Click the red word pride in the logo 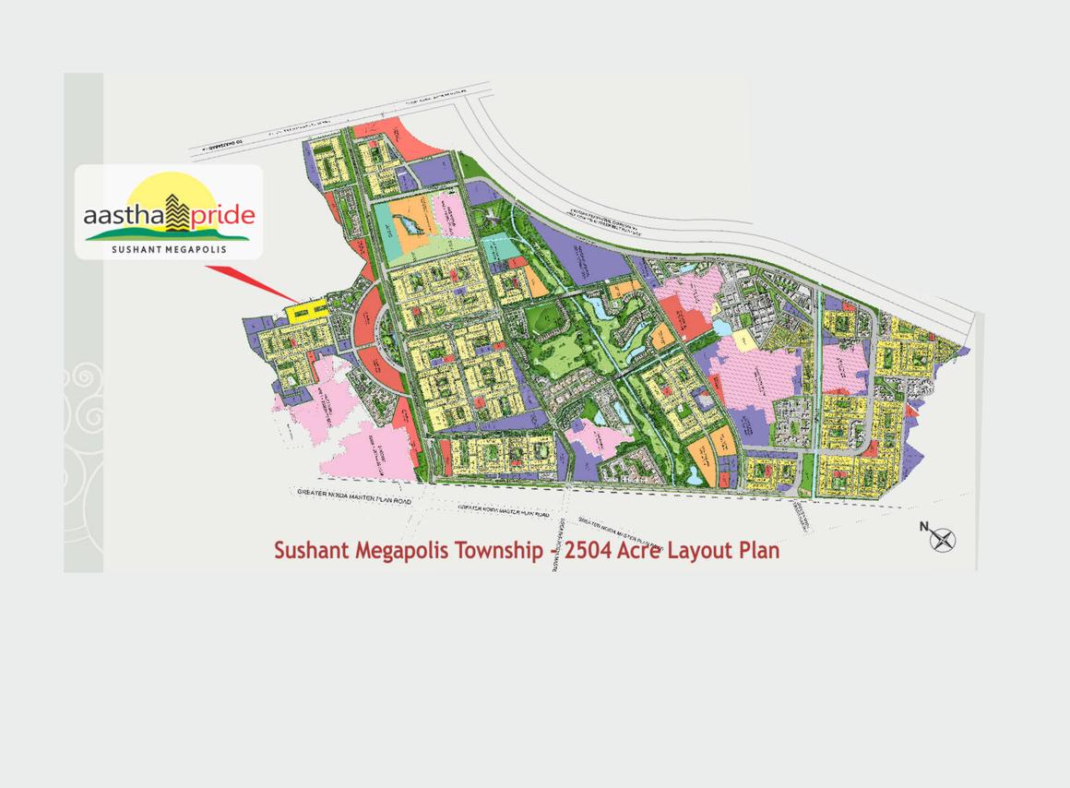(x=223, y=216)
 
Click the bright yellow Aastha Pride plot (x=307, y=312)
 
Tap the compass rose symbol (x=943, y=540)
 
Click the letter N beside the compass (x=923, y=527)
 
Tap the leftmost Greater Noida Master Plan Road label (x=354, y=495)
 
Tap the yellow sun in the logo (x=169, y=188)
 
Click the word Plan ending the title (x=760, y=551)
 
